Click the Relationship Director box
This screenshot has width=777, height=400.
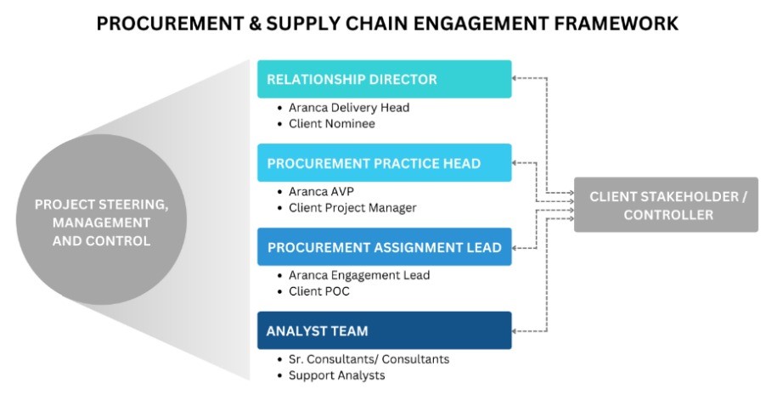click(384, 79)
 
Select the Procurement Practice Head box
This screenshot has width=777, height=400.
click(384, 163)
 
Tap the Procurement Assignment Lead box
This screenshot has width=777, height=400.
click(384, 247)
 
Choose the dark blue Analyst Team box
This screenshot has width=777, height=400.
click(384, 330)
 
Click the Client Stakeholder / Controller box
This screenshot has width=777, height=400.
click(666, 205)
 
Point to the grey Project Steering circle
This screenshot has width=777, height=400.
click(101, 219)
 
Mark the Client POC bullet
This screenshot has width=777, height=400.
click(319, 290)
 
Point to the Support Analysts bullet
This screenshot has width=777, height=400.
click(336, 375)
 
